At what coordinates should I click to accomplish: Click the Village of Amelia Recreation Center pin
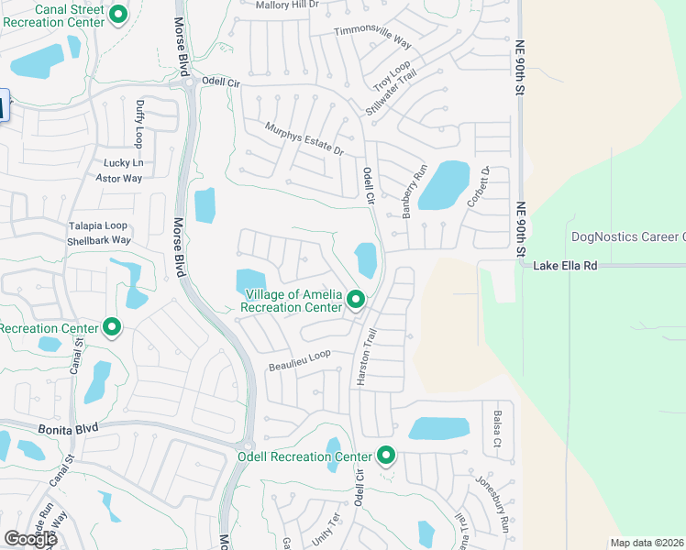[x=356, y=300]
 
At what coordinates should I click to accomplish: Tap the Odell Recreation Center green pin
[x=386, y=456]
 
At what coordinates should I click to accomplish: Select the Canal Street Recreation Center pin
[x=118, y=15]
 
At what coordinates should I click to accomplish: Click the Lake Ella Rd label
[x=566, y=265]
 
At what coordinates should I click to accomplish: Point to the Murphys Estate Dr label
[x=304, y=138]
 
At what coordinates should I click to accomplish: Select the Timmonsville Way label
[x=373, y=36]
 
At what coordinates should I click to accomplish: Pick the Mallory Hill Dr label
[x=286, y=5]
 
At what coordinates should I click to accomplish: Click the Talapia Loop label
[x=96, y=225]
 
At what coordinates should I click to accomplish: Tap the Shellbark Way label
[x=98, y=240]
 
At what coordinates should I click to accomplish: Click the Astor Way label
[x=120, y=178]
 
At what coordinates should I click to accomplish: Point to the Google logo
[x=30, y=539]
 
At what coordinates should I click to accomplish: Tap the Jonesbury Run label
[x=492, y=503]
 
